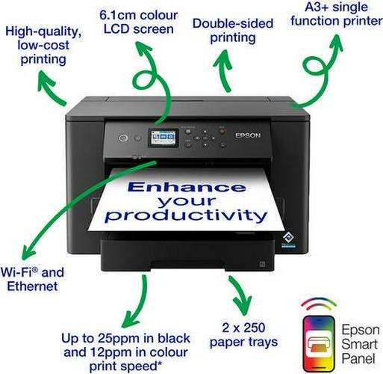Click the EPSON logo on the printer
[x=248, y=135]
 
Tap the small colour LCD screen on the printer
[x=164, y=138]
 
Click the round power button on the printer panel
[x=123, y=138]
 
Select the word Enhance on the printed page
[x=187, y=187]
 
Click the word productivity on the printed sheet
[x=186, y=215]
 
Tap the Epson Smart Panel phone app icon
[x=319, y=343]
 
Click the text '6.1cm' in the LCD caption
[x=116, y=15]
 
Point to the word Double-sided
[x=233, y=23]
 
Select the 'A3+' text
[x=316, y=7]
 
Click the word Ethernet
[x=32, y=286]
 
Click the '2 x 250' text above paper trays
[x=243, y=328]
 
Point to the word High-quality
[x=43, y=31]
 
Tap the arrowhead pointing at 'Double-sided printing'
[x=222, y=59]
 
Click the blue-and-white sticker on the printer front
[x=288, y=240]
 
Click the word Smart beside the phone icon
[x=359, y=344]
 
